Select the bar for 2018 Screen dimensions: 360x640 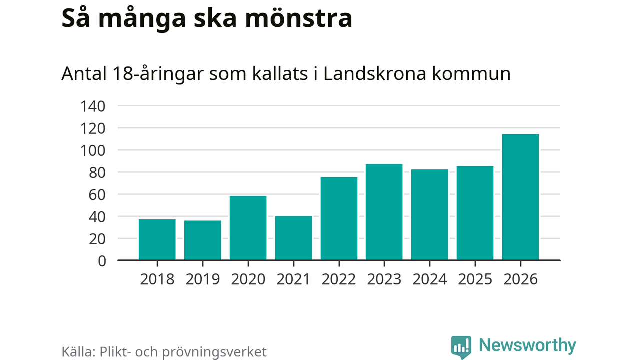point(157,240)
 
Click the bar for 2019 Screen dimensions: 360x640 point(202,240)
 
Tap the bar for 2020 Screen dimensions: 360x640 point(248,228)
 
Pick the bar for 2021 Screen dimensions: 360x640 point(293,238)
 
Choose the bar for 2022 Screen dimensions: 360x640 point(339,219)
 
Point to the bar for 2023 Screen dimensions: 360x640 point(384,212)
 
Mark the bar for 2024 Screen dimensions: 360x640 point(429,215)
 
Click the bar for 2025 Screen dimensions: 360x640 point(475,213)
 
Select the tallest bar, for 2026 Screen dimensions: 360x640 point(520,197)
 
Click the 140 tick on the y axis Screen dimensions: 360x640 point(93,106)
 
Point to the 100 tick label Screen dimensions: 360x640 point(93,150)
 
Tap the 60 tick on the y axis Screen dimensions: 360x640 point(97,195)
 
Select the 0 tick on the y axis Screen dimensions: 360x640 point(102,261)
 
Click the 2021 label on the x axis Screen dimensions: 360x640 point(293,279)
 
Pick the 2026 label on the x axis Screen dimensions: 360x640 point(520,279)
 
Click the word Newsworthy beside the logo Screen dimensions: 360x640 point(527,345)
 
